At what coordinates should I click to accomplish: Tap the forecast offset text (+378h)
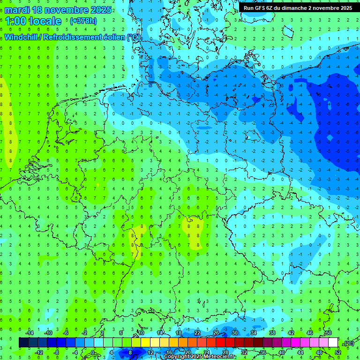pos(83,21)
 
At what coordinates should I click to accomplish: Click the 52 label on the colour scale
pos(337,352)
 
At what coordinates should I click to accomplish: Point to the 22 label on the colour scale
pos(197,332)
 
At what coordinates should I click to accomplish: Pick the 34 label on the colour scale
pos(254,332)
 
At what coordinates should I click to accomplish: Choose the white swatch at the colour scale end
pos(333,342)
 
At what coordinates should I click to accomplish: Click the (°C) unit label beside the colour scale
pos(348,343)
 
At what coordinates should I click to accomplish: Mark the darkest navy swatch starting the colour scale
pos(23,342)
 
